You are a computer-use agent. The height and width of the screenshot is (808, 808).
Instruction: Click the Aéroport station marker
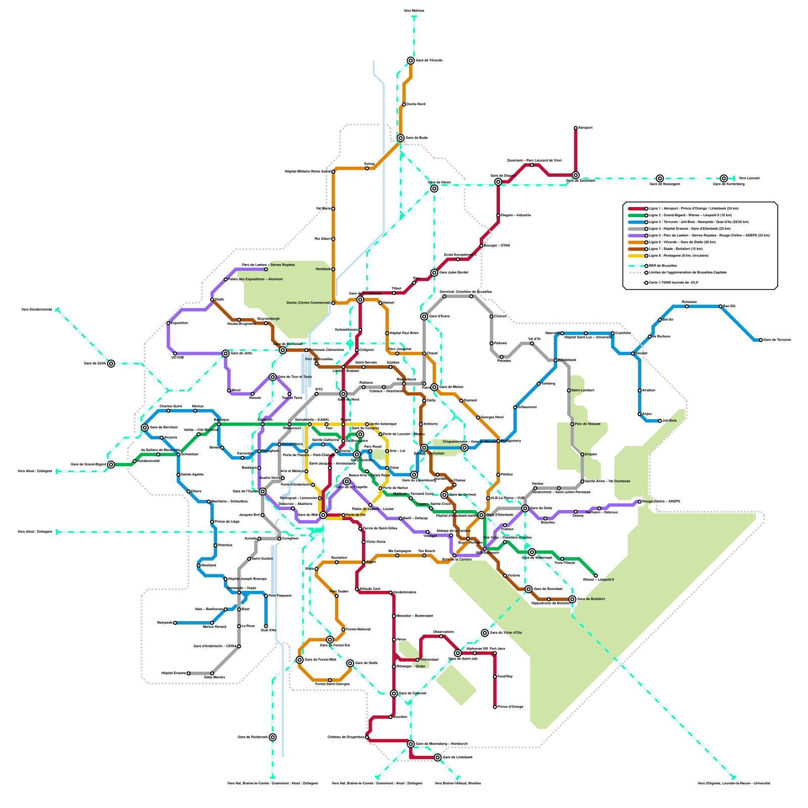tap(576, 128)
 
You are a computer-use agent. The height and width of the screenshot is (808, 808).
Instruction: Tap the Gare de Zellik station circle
tap(111, 364)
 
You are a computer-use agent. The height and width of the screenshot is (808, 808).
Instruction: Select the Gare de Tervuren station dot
tap(761, 340)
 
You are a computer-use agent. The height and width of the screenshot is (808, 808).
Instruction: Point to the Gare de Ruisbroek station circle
tap(273, 737)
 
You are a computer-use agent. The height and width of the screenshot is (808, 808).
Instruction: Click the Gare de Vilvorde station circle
tap(411, 61)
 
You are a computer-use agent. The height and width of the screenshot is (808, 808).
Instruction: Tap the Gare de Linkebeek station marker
tap(437, 757)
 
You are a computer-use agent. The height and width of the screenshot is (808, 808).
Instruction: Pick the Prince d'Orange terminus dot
tap(495, 707)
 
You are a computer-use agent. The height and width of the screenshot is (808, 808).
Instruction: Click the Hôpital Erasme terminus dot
tap(188, 673)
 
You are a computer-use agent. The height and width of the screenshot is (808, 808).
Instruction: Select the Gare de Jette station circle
tap(226, 353)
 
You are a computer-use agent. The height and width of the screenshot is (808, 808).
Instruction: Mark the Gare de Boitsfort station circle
tap(572, 599)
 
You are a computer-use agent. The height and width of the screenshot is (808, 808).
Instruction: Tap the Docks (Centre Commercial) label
tap(308, 303)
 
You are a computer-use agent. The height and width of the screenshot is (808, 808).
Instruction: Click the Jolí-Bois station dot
tap(660, 421)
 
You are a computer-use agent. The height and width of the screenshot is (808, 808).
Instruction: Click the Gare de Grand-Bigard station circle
tap(111, 465)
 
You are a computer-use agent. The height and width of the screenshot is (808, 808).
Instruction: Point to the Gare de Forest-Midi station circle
tap(299, 660)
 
